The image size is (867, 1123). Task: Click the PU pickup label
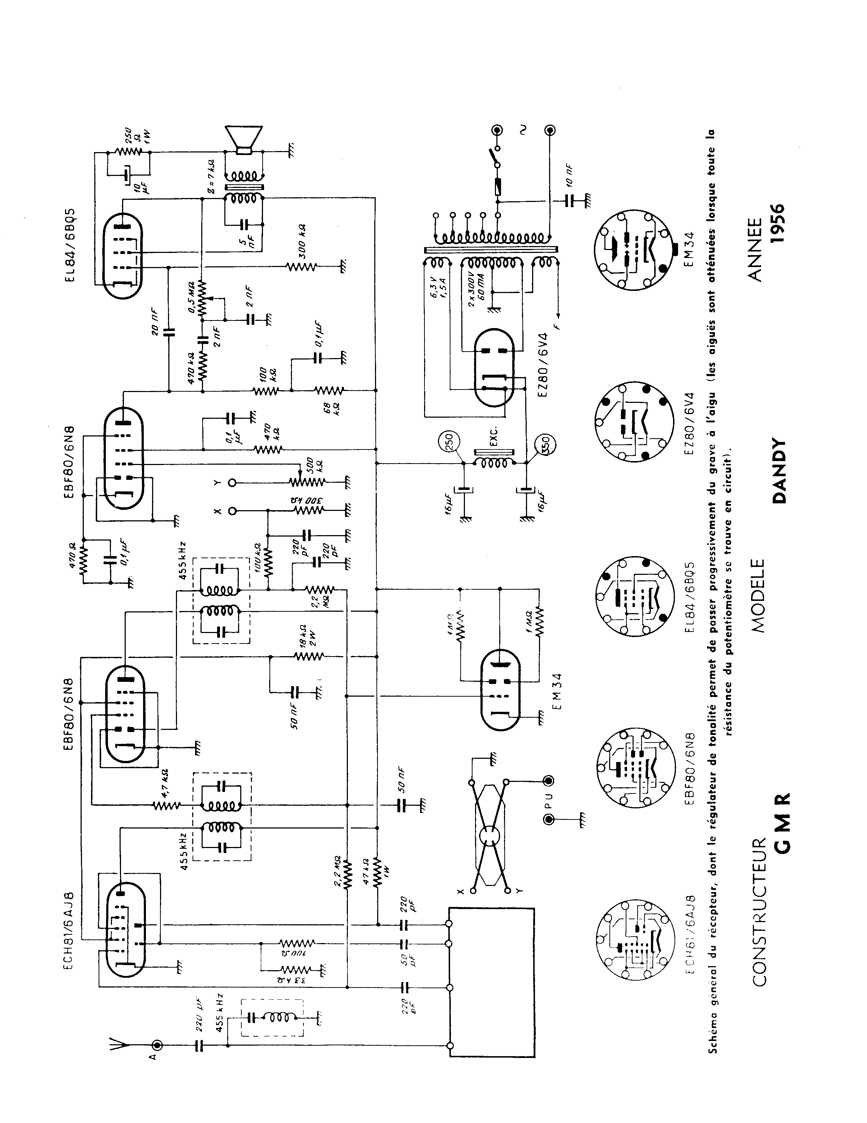(x=549, y=813)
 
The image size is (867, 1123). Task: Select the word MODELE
(x=757, y=595)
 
